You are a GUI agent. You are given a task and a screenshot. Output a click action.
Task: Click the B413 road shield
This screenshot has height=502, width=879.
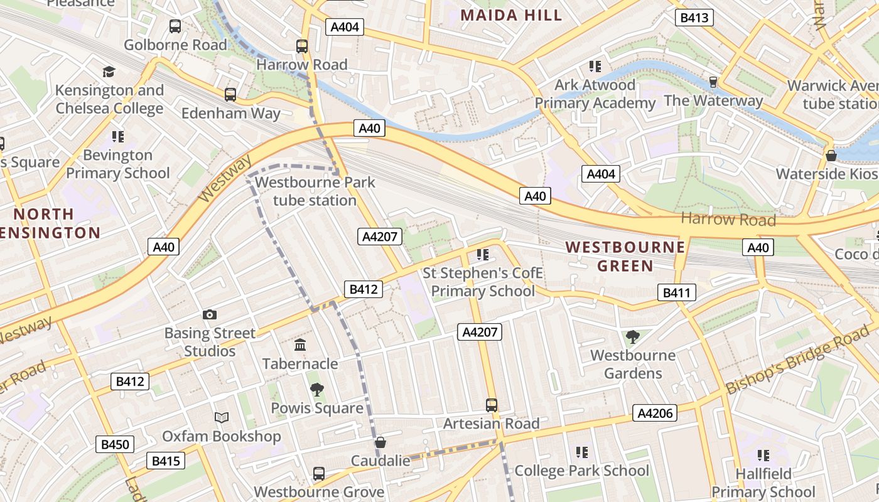(694, 18)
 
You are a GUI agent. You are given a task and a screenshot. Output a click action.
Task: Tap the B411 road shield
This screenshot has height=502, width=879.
(676, 292)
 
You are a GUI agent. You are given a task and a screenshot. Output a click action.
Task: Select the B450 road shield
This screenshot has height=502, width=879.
(115, 445)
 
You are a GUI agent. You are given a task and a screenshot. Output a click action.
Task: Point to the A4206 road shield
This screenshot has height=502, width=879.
(655, 412)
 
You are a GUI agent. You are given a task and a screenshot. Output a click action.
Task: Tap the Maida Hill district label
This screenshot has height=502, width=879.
(511, 15)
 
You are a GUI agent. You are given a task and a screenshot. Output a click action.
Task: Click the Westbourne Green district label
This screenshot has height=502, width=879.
(625, 256)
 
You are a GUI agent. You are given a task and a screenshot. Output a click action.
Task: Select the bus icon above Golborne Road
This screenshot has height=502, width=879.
(175, 26)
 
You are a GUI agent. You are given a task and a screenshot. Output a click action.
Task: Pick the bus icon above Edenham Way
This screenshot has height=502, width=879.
(230, 95)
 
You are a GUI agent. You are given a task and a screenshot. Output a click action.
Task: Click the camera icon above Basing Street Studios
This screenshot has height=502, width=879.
(210, 314)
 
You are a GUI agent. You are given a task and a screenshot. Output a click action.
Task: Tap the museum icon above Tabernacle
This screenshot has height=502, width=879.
(300, 345)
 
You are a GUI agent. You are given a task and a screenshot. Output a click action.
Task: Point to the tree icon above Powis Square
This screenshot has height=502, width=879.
(317, 390)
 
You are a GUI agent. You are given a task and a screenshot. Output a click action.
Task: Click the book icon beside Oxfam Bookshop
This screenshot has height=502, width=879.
(221, 417)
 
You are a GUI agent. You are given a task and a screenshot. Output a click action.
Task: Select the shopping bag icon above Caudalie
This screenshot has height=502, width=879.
(380, 443)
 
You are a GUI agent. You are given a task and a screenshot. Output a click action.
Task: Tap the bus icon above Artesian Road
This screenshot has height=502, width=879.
(492, 405)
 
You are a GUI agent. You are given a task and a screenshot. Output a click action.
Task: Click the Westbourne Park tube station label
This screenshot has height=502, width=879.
(315, 191)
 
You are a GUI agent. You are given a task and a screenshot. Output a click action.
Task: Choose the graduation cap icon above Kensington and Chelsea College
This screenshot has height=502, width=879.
(109, 72)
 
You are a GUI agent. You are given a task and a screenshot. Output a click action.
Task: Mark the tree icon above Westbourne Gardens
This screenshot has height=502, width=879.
(633, 337)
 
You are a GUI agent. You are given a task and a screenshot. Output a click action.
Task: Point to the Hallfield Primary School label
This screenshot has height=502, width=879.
(763, 483)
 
